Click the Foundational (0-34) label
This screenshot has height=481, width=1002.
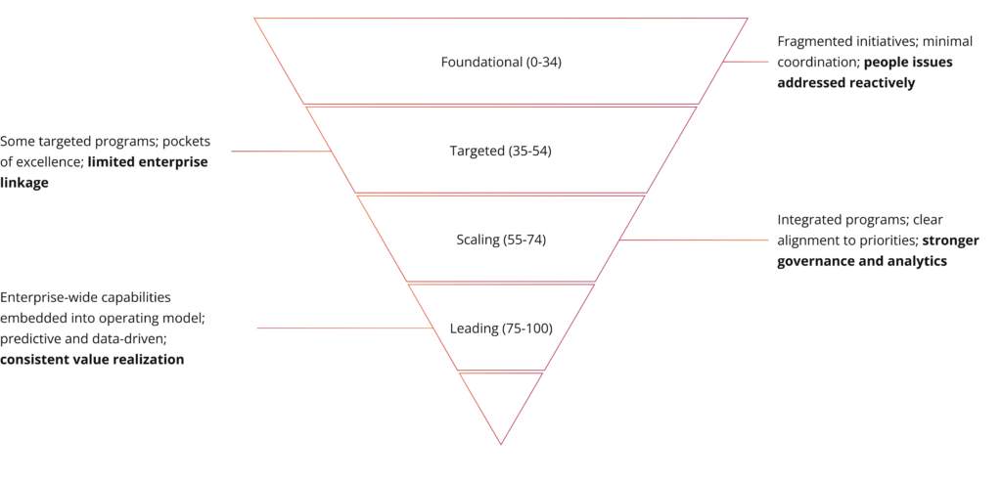(x=501, y=63)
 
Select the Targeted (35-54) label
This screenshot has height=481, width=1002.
(x=500, y=152)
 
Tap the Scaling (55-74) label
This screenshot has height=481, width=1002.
(x=501, y=240)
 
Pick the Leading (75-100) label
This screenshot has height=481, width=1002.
(x=501, y=328)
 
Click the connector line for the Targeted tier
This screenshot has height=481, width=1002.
(x=281, y=152)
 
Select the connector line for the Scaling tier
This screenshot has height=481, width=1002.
(x=694, y=240)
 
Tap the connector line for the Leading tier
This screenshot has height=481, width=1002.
(x=345, y=328)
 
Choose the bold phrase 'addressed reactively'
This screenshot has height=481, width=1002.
(x=846, y=83)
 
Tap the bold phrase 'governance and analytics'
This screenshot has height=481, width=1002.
(x=862, y=261)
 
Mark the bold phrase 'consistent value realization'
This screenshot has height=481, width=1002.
(x=92, y=360)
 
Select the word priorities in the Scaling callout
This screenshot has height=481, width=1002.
(x=885, y=240)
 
